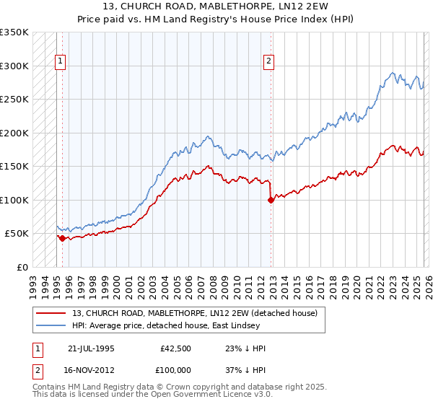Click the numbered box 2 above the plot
(268, 62)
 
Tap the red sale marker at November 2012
(271, 201)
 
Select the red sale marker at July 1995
(63, 238)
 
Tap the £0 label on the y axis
(22, 267)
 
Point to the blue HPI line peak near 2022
(392, 73)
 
